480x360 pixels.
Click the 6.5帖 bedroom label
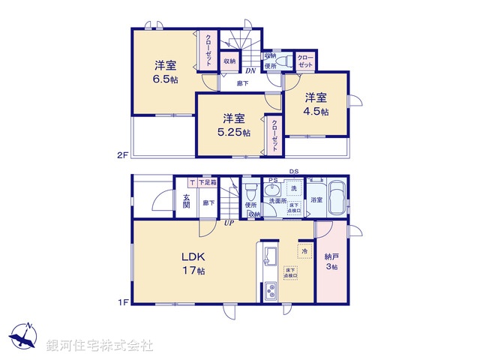[x=166, y=72]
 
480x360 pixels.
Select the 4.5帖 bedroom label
[x=315, y=104]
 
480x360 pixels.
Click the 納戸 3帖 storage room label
[x=331, y=261]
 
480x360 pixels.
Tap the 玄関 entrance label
[x=186, y=202]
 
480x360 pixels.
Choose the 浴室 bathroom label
[x=316, y=200]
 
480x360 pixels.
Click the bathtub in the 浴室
[x=337, y=199]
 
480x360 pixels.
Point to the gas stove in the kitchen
[x=270, y=290]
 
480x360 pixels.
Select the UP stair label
[x=227, y=222]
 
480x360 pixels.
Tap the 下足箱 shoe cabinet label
[x=208, y=182]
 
